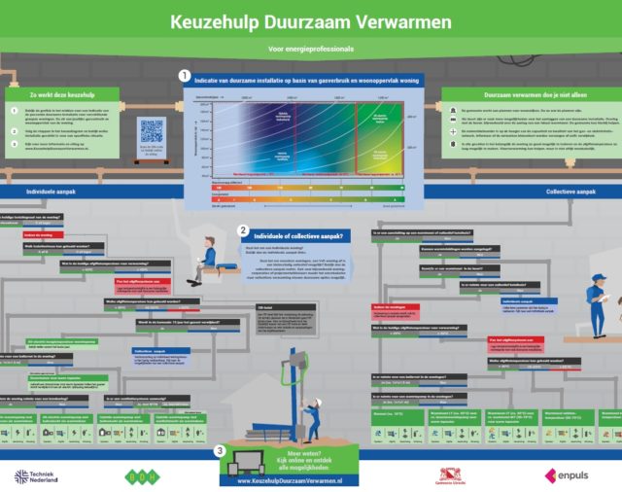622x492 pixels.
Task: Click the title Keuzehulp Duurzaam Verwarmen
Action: [x=310, y=20]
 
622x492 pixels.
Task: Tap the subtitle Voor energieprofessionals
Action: [x=310, y=48]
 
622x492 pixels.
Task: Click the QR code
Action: [x=151, y=131]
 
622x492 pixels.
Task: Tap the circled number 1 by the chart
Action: [x=185, y=75]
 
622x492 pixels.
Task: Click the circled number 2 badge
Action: [x=242, y=230]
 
